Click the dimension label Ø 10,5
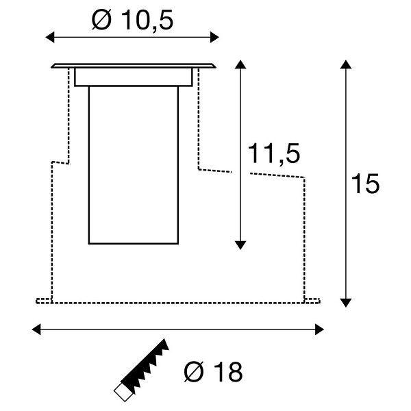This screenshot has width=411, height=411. (x=132, y=20)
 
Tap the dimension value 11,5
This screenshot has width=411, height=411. (x=274, y=154)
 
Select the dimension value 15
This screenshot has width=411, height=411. (x=365, y=184)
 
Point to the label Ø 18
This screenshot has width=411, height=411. (x=213, y=372)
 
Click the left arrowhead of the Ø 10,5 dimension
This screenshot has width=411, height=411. (x=50, y=37)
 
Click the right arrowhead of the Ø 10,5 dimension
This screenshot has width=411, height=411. (x=214, y=37)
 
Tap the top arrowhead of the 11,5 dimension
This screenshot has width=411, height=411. (x=240, y=64)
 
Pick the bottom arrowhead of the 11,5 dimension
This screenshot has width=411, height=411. (x=240, y=245)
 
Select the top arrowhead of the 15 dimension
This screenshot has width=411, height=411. (x=346, y=64)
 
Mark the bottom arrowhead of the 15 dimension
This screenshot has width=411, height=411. (x=346, y=303)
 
